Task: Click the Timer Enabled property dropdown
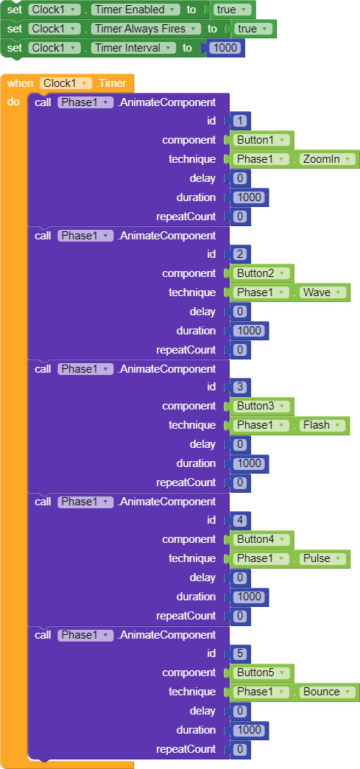[135, 10]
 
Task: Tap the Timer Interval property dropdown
[133, 48]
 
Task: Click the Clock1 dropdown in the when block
[66, 83]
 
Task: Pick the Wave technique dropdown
[322, 292]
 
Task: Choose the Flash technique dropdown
[321, 425]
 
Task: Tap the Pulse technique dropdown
[322, 558]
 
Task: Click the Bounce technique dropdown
[326, 692]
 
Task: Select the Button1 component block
[261, 140]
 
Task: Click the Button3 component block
[261, 406]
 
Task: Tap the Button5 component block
[261, 673]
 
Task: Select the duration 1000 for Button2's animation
[250, 331]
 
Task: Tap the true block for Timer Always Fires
[253, 29]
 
